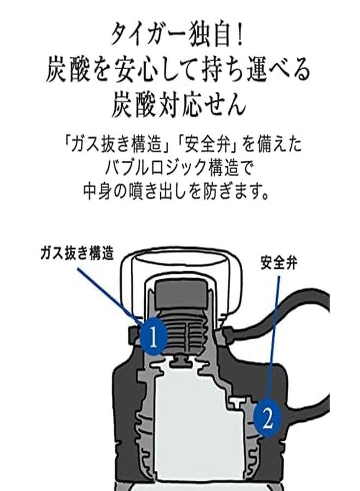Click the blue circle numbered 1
click(x=153, y=337)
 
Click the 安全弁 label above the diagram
click(x=279, y=264)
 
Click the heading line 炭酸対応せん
click(x=178, y=105)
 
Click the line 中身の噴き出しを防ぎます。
click(x=177, y=190)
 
